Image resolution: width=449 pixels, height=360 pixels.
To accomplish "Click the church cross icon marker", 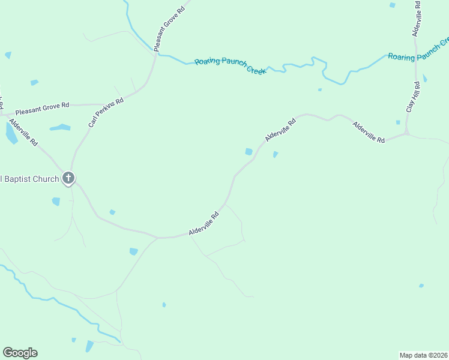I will point(68,178).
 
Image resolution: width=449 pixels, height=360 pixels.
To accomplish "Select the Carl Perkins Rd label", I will point(106,112).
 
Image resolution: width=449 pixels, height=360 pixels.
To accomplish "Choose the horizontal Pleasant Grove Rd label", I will point(42,108).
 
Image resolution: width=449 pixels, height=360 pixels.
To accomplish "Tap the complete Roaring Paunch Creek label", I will point(230,65).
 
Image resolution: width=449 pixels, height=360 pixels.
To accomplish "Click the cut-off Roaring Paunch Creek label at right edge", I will point(418,50).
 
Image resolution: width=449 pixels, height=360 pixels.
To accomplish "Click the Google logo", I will point(20,353).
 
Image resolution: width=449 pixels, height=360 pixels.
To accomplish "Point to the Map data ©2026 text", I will point(423,355).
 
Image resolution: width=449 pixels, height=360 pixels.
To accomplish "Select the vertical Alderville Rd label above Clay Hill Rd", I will point(416,18).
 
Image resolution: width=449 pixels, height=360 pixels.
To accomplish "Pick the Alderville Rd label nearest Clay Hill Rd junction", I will point(369,131).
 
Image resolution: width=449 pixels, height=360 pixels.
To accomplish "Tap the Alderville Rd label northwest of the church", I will point(24,134).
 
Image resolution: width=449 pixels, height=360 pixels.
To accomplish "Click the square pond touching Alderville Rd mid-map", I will point(249,152).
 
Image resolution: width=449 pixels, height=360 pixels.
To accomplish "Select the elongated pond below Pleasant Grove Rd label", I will point(60,127).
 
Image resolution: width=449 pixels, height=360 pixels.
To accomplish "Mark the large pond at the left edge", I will point(11,133).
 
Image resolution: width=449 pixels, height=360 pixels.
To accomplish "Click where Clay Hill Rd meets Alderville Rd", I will point(407,133).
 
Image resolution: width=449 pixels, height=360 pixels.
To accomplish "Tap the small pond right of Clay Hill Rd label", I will point(424,78).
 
